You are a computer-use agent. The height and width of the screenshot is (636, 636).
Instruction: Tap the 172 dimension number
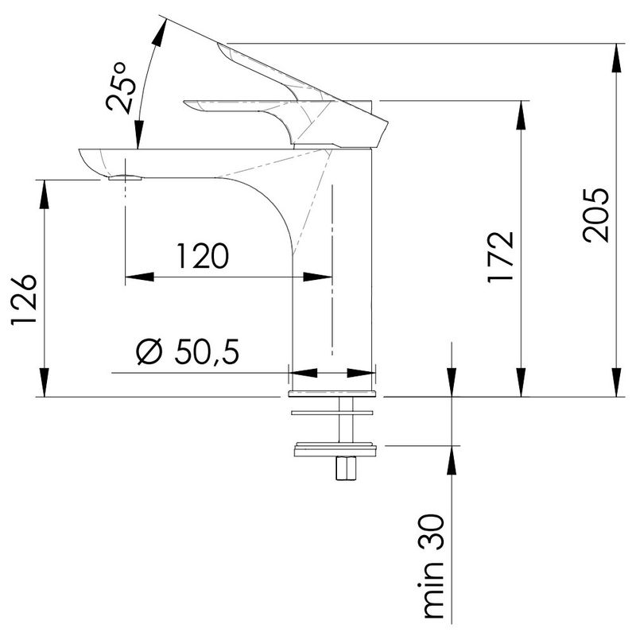click(x=501, y=257)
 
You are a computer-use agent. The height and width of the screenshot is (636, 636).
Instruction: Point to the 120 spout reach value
click(x=203, y=256)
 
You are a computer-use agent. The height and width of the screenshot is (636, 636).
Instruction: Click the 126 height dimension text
click(x=24, y=300)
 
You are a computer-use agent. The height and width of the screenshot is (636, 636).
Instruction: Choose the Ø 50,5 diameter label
click(x=188, y=351)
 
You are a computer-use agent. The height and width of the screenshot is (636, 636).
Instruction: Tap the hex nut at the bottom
click(x=346, y=468)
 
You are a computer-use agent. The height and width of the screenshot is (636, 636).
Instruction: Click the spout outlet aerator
click(x=126, y=176)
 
